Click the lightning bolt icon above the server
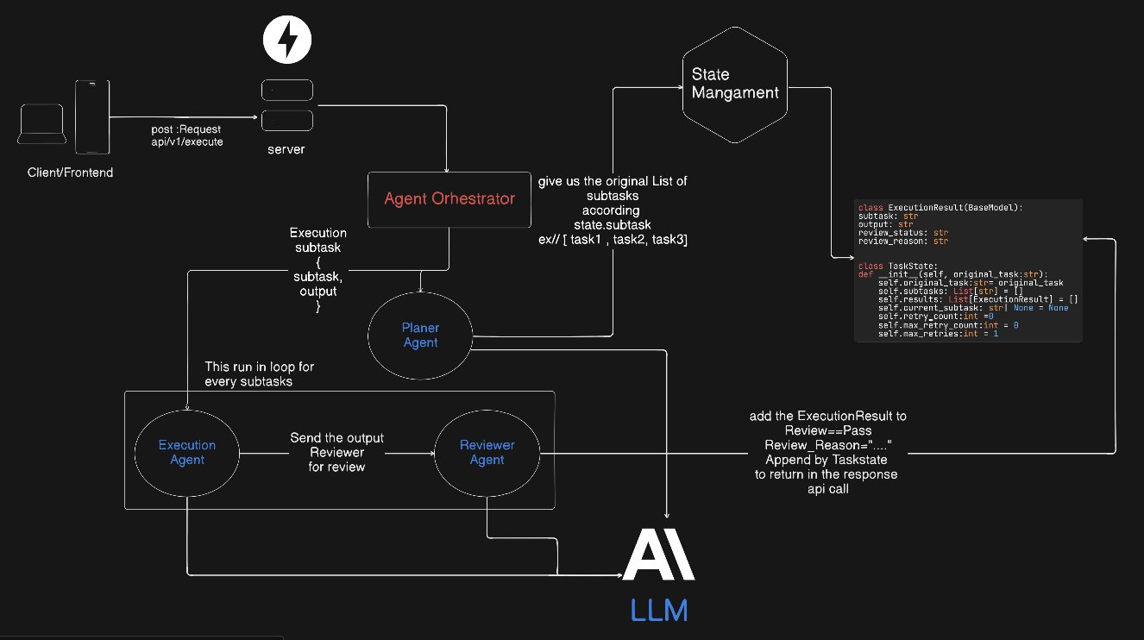[286, 40]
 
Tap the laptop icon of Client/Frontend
[42, 125]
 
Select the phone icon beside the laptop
[91, 116]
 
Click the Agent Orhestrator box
[449, 199]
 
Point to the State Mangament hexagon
[734, 84]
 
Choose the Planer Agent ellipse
[420, 336]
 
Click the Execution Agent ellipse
[187, 452]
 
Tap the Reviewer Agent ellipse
[487, 452]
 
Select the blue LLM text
[659, 611]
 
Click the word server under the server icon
[286, 149]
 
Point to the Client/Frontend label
[69, 173]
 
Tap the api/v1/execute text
[188, 141]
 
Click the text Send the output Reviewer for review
[337, 452]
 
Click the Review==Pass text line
[828, 430]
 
